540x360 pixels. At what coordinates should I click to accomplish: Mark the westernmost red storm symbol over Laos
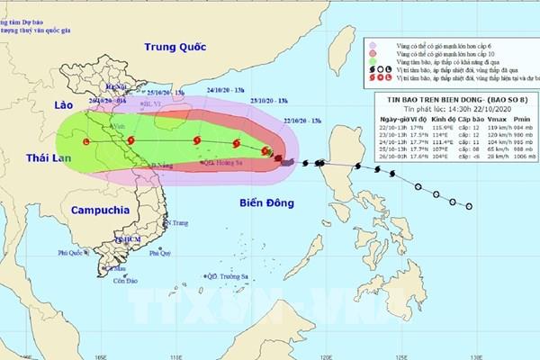86,142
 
